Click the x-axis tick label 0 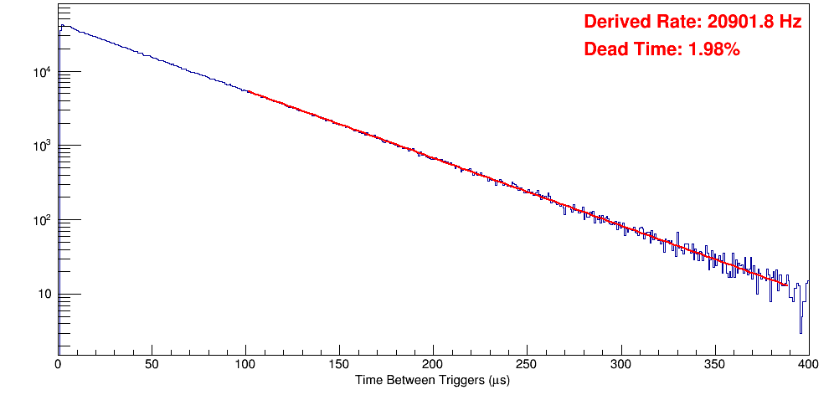pyautogui.click(x=58, y=364)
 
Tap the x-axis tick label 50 pyautogui.click(x=152, y=364)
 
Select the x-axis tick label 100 pyautogui.click(x=245, y=364)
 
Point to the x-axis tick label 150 pyautogui.click(x=339, y=364)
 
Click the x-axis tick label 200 pyautogui.click(x=433, y=364)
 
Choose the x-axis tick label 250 pyautogui.click(x=527, y=364)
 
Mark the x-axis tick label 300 pyautogui.click(x=620, y=364)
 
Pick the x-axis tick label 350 pyautogui.click(x=714, y=364)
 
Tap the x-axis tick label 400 pyautogui.click(x=807, y=364)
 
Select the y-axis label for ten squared pyautogui.click(x=42, y=220)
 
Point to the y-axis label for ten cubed pyautogui.click(x=42, y=146)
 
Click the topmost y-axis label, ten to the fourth pyautogui.click(x=42, y=73)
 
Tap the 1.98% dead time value pyautogui.click(x=713, y=50)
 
